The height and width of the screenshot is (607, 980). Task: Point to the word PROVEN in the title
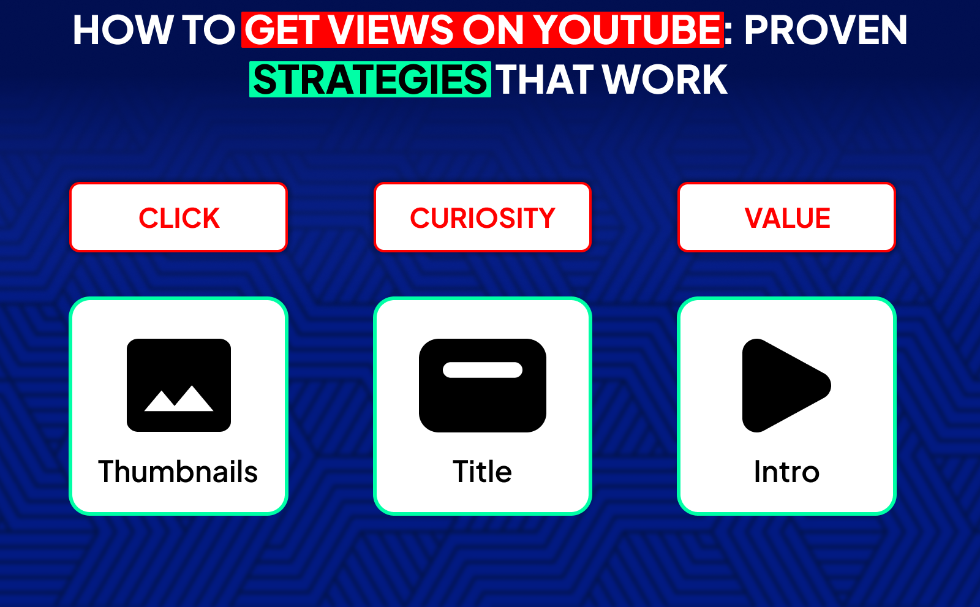(825, 30)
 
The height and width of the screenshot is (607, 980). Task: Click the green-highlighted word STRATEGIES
(370, 80)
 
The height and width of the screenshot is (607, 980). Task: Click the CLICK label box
(179, 217)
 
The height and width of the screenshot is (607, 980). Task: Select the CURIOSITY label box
(483, 217)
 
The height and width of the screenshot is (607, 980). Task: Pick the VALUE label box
(787, 217)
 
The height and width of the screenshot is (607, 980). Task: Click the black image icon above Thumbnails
(179, 361)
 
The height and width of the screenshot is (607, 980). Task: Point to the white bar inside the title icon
(483, 370)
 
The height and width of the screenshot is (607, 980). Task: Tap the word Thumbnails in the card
(178, 472)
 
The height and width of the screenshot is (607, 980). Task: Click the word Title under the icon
(483, 472)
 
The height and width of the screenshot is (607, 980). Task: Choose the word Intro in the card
(786, 472)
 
